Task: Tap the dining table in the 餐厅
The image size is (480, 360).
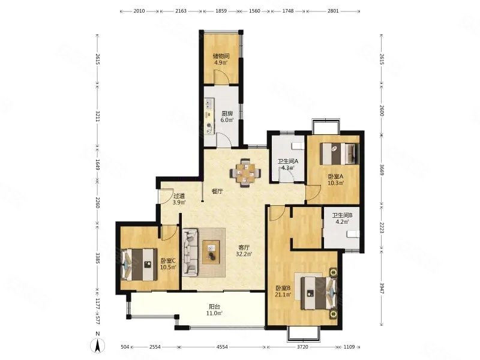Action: tap(245, 173)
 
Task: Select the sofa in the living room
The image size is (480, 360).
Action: tap(190, 253)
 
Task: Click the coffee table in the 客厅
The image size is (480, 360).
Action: tap(211, 252)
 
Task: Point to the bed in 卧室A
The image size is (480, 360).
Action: tap(340, 154)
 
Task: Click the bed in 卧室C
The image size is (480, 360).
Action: tap(139, 264)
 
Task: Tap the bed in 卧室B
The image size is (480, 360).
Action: tap(319, 293)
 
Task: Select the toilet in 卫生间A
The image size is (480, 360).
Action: tap(298, 146)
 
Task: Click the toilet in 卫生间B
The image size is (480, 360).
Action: tap(353, 234)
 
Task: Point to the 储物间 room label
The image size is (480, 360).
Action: tap(221, 56)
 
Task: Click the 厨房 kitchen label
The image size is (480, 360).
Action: tap(227, 113)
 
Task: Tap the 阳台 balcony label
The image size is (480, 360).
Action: tap(215, 307)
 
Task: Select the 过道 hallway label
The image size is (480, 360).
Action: tap(179, 196)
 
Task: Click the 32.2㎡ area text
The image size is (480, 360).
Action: tap(244, 254)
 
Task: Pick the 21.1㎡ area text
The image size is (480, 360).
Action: tap(283, 295)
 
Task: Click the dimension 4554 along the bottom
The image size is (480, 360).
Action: tap(222, 347)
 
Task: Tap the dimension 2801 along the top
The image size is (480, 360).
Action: tap(333, 11)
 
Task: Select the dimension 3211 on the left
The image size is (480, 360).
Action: tap(97, 116)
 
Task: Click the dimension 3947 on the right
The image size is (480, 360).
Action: tap(382, 288)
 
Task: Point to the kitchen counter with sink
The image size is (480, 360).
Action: tap(209, 116)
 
